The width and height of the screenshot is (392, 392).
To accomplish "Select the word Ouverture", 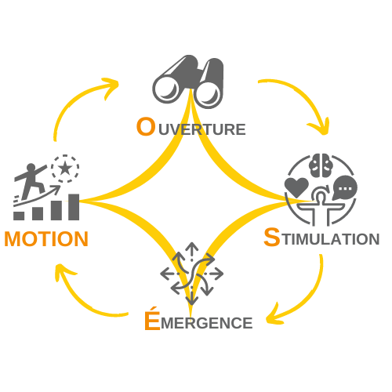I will pyautogui.click(x=191, y=127).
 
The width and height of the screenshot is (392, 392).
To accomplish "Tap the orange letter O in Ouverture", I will pyautogui.click(x=146, y=126).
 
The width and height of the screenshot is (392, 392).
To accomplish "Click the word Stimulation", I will pyautogui.click(x=321, y=238).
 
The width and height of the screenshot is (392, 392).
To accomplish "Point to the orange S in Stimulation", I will pyautogui.click(x=271, y=237).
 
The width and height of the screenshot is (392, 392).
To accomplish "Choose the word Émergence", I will pyautogui.click(x=198, y=321).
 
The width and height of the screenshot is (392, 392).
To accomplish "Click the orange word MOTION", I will pyautogui.click(x=45, y=238).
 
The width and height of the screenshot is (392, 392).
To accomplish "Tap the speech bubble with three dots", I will pyautogui.click(x=344, y=188).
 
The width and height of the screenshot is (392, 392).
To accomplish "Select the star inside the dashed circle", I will pyautogui.click(x=64, y=167).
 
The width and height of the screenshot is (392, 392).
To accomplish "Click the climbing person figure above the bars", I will pyautogui.click(x=31, y=179).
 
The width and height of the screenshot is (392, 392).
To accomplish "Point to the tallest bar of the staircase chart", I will pyautogui.click(x=74, y=206).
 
